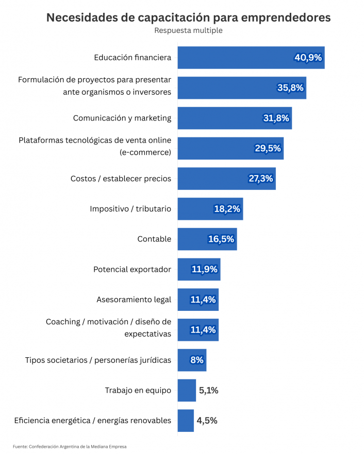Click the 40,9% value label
pyautogui.click(x=308, y=58)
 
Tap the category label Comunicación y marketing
pyautogui.click(x=122, y=118)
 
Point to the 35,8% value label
pyautogui.click(x=290, y=88)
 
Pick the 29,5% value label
pyautogui.click(x=268, y=148)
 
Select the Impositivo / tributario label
pyautogui.click(x=130, y=209)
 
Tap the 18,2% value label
pyautogui.click(x=227, y=209)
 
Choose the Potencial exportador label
pyautogui.click(x=132, y=269)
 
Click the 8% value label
pyautogui.click(x=196, y=360)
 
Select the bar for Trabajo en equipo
pyautogui.click(x=187, y=390)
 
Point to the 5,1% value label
pyautogui.click(x=208, y=390)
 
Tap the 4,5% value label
pyautogui.click(x=207, y=421)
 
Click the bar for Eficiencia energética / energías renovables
pyautogui.click(x=186, y=421)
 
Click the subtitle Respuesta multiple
pyautogui.click(x=188, y=30)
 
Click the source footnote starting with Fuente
pyautogui.click(x=69, y=446)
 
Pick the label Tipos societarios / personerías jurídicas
pyautogui.click(x=98, y=360)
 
